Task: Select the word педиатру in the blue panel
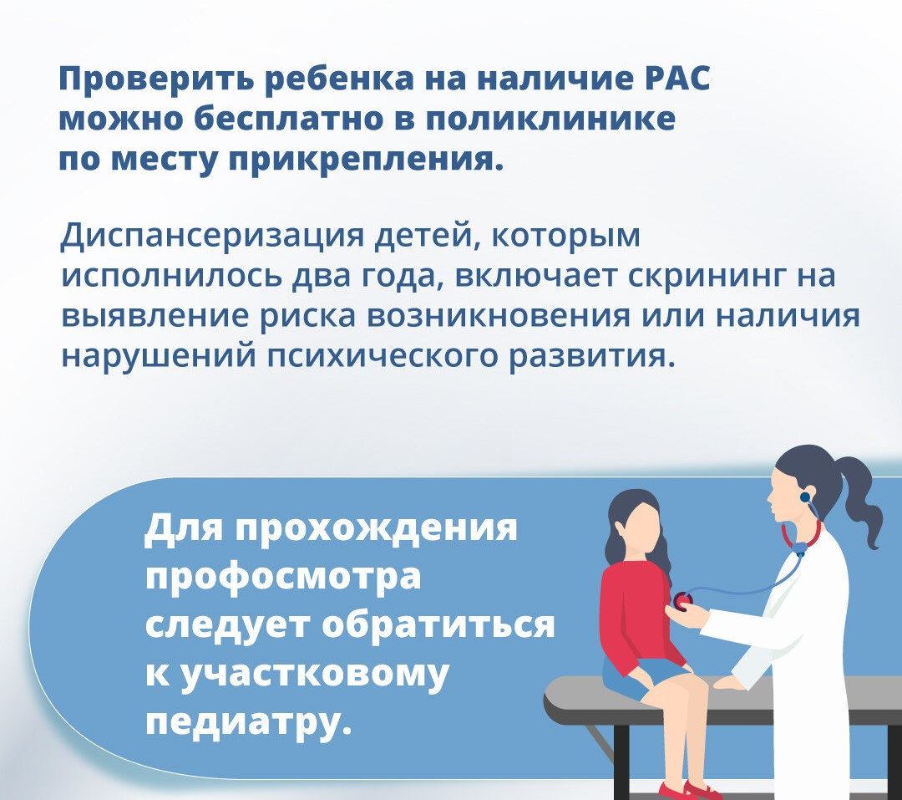[x=248, y=721]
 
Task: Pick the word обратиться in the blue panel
[x=438, y=624]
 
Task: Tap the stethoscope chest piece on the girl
[x=683, y=600]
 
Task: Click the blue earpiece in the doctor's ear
[x=805, y=497]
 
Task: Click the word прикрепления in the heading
[x=362, y=160]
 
